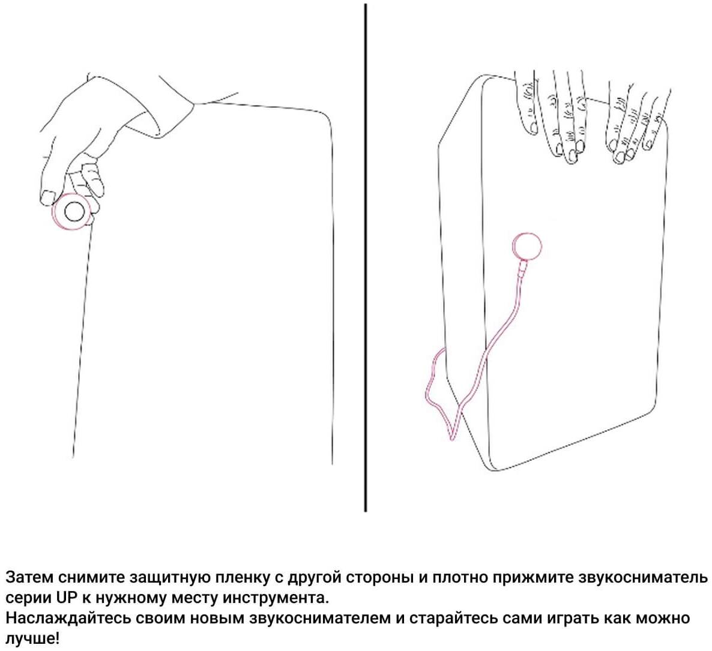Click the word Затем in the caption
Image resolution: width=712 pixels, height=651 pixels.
(29, 577)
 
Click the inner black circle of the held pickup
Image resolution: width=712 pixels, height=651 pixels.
(74, 211)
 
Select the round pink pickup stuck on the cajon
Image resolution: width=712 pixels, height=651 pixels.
(526, 246)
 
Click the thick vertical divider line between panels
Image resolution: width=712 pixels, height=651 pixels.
(366, 257)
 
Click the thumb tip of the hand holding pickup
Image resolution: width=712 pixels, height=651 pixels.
(47, 198)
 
